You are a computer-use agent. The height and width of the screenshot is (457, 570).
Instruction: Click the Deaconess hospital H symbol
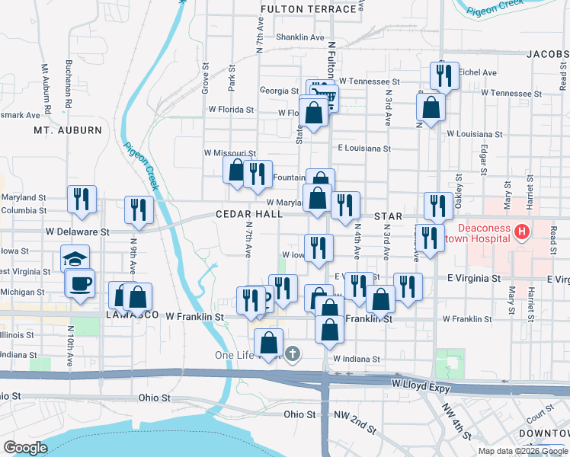pyautogui.click(x=522, y=231)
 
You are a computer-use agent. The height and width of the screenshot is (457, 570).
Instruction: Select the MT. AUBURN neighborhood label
pyautogui.click(x=68, y=130)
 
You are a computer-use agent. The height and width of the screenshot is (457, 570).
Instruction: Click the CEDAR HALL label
pyautogui.click(x=248, y=215)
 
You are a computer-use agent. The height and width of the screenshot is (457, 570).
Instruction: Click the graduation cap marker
pyautogui.click(x=75, y=259)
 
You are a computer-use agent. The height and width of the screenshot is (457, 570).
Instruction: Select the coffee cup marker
pyautogui.click(x=80, y=284)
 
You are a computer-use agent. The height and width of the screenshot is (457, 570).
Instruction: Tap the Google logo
pyautogui.click(x=25, y=447)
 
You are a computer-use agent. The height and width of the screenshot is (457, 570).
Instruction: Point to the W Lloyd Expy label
pyautogui.click(x=418, y=384)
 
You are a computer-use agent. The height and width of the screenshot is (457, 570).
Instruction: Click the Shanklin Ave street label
pyautogui.click(x=300, y=37)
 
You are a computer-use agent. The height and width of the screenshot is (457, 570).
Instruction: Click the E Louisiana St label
pyautogui.click(x=364, y=149)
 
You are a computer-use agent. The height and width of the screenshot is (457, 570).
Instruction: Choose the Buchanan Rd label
pyautogui.click(x=68, y=83)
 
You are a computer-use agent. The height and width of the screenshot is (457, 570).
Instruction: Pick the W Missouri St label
pyautogui.click(x=229, y=153)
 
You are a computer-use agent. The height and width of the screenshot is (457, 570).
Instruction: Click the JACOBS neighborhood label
pyautogui.click(x=547, y=54)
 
